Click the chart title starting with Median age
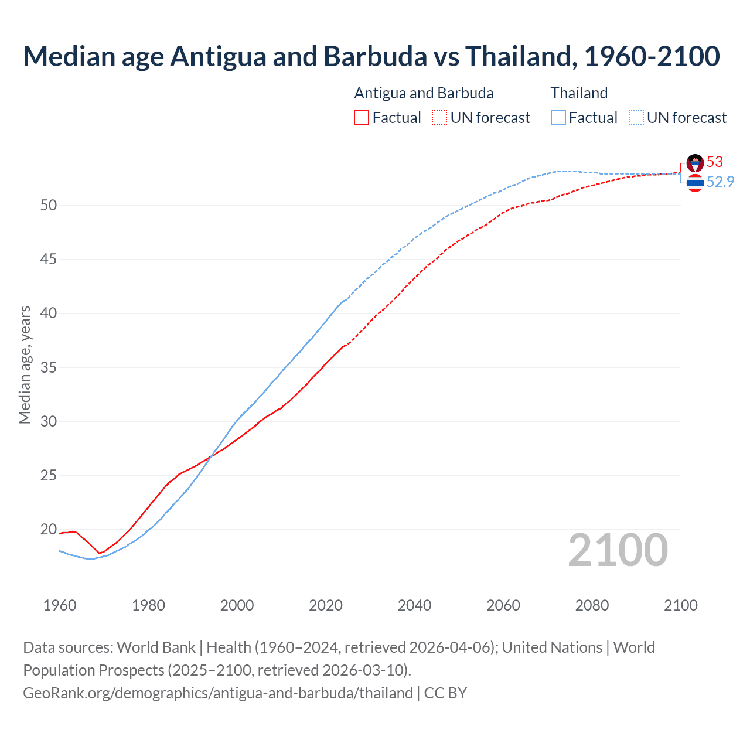pyautogui.click(x=371, y=56)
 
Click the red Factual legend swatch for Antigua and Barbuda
pyautogui.click(x=362, y=118)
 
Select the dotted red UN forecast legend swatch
pyautogui.click(x=439, y=118)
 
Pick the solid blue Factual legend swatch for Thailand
pyautogui.click(x=558, y=118)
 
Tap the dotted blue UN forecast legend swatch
pyautogui.click(x=636, y=118)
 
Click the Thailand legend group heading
pyautogui.click(x=579, y=93)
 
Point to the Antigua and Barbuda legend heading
pyautogui.click(x=424, y=93)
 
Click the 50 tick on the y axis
pyautogui.click(x=49, y=205)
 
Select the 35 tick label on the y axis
pyautogui.click(x=49, y=368)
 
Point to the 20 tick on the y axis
pyautogui.click(x=49, y=530)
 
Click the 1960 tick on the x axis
pyautogui.click(x=60, y=605)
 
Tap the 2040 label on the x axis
pyautogui.click(x=414, y=605)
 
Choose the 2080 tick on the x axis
pyautogui.click(x=592, y=605)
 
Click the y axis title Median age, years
pyautogui.click(x=25, y=364)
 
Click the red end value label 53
pyautogui.click(x=715, y=162)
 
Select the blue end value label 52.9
pyautogui.click(x=720, y=182)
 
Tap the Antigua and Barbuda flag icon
pyautogui.click(x=695, y=163)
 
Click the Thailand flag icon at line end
pyautogui.click(x=695, y=183)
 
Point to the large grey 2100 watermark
pyautogui.click(x=618, y=550)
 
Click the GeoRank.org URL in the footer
pyautogui.click(x=218, y=693)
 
